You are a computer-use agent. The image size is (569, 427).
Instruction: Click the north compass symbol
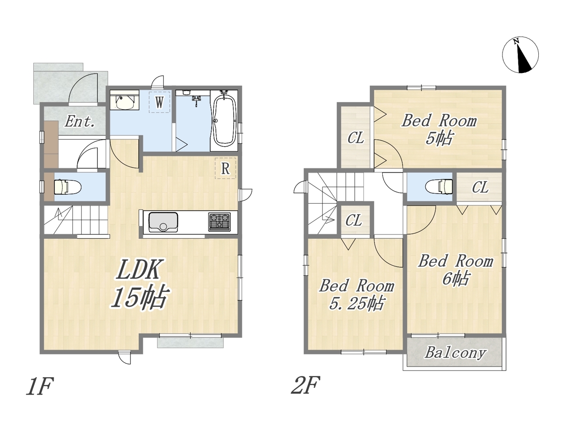tap(520, 55)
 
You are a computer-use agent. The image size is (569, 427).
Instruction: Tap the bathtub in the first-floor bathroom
tap(224, 121)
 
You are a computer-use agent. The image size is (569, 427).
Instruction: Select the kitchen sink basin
tap(163, 222)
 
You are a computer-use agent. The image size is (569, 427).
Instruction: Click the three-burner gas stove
tap(219, 222)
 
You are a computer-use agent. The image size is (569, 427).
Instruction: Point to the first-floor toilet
tap(68, 187)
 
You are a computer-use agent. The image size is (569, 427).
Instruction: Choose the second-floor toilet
tap(439, 187)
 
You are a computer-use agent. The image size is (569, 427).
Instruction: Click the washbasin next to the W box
tap(124, 102)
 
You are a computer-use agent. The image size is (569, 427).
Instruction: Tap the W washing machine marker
tap(159, 102)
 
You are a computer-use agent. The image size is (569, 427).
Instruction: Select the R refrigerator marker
tap(225, 168)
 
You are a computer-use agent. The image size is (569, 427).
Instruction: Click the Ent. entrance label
tap(79, 121)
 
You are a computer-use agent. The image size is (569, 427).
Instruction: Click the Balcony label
tap(455, 353)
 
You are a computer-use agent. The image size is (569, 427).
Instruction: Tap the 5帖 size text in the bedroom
tap(439, 138)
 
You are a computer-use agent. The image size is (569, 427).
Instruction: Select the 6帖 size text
tap(456, 279)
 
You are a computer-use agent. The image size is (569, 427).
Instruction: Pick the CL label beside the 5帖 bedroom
tap(356, 138)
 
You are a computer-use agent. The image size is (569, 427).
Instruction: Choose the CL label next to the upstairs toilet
tap(480, 187)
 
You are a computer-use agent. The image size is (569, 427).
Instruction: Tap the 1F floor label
tap(40, 386)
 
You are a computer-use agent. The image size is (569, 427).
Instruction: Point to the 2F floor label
tap(305, 386)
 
